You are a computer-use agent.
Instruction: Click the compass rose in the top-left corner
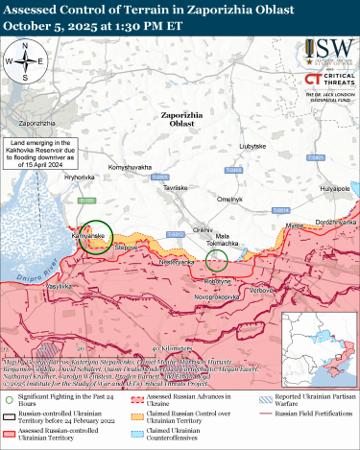(x=28, y=65)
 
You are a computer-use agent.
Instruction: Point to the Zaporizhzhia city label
(x=37, y=125)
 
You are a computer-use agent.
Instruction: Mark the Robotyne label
(x=217, y=280)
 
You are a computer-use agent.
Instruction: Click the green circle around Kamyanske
(x=95, y=236)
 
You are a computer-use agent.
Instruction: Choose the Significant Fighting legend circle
(x=10, y=399)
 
